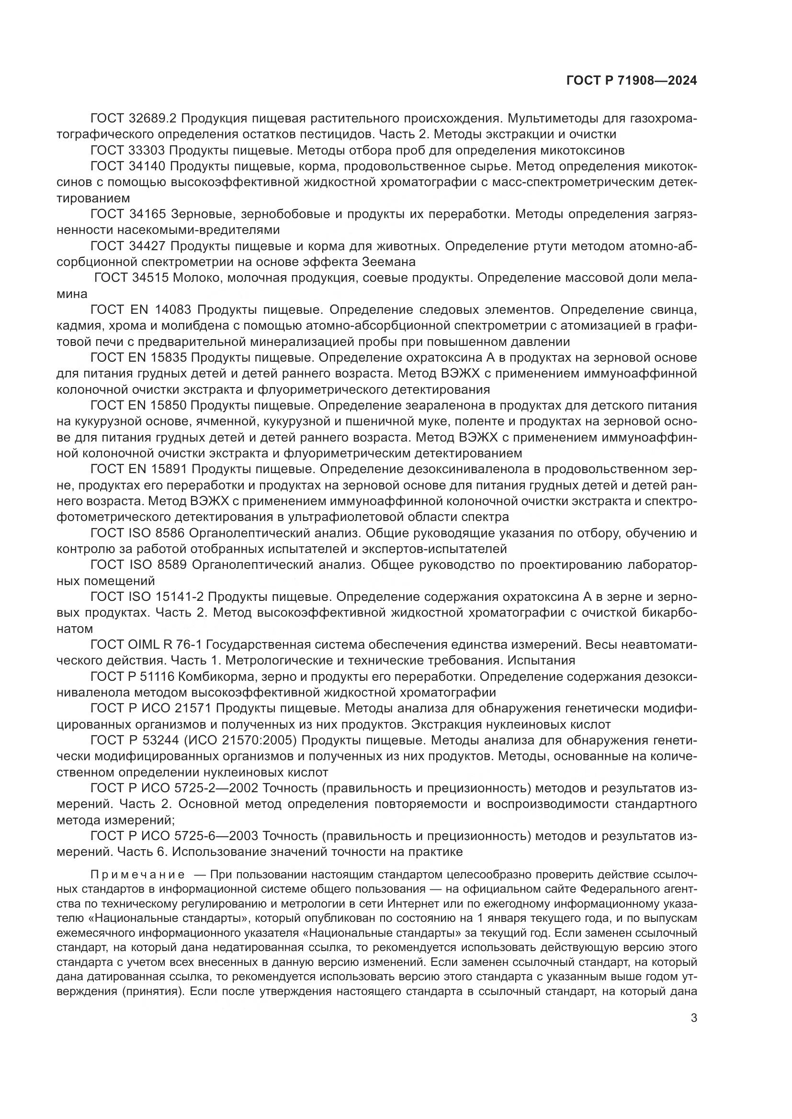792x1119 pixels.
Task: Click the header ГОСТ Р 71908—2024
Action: pos(631,81)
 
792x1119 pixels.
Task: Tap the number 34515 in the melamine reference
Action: pos(151,278)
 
